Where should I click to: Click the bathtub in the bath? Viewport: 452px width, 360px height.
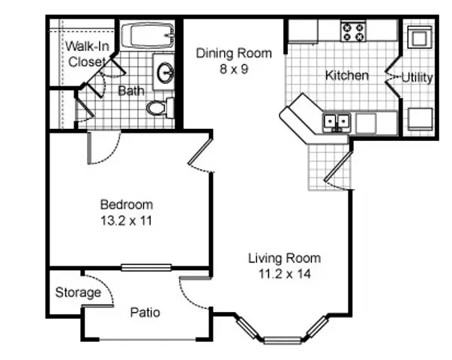(148, 36)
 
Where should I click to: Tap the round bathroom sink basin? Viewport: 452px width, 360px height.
(165, 73)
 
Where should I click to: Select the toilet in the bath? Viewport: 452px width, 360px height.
(160, 108)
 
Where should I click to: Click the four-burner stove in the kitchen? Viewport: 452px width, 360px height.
(353, 32)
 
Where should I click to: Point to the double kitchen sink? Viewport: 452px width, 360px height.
(337, 122)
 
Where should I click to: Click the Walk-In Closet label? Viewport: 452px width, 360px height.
(87, 54)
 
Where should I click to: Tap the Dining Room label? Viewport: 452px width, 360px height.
(234, 53)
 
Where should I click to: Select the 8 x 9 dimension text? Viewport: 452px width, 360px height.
(234, 69)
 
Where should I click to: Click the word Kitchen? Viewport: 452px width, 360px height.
(347, 76)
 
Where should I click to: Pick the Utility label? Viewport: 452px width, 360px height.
(417, 77)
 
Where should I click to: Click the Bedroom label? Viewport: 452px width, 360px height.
(127, 205)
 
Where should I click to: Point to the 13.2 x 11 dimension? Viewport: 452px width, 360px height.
(126, 221)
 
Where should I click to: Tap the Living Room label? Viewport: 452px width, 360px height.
(285, 258)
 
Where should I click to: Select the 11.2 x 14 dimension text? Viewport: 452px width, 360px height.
(285, 274)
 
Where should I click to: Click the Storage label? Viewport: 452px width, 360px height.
(78, 292)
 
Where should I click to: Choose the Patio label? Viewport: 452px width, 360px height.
(145, 313)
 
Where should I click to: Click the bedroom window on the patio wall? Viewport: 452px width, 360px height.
(146, 268)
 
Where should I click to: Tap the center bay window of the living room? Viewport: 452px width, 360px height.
(283, 340)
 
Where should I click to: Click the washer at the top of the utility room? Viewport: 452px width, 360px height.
(419, 37)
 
